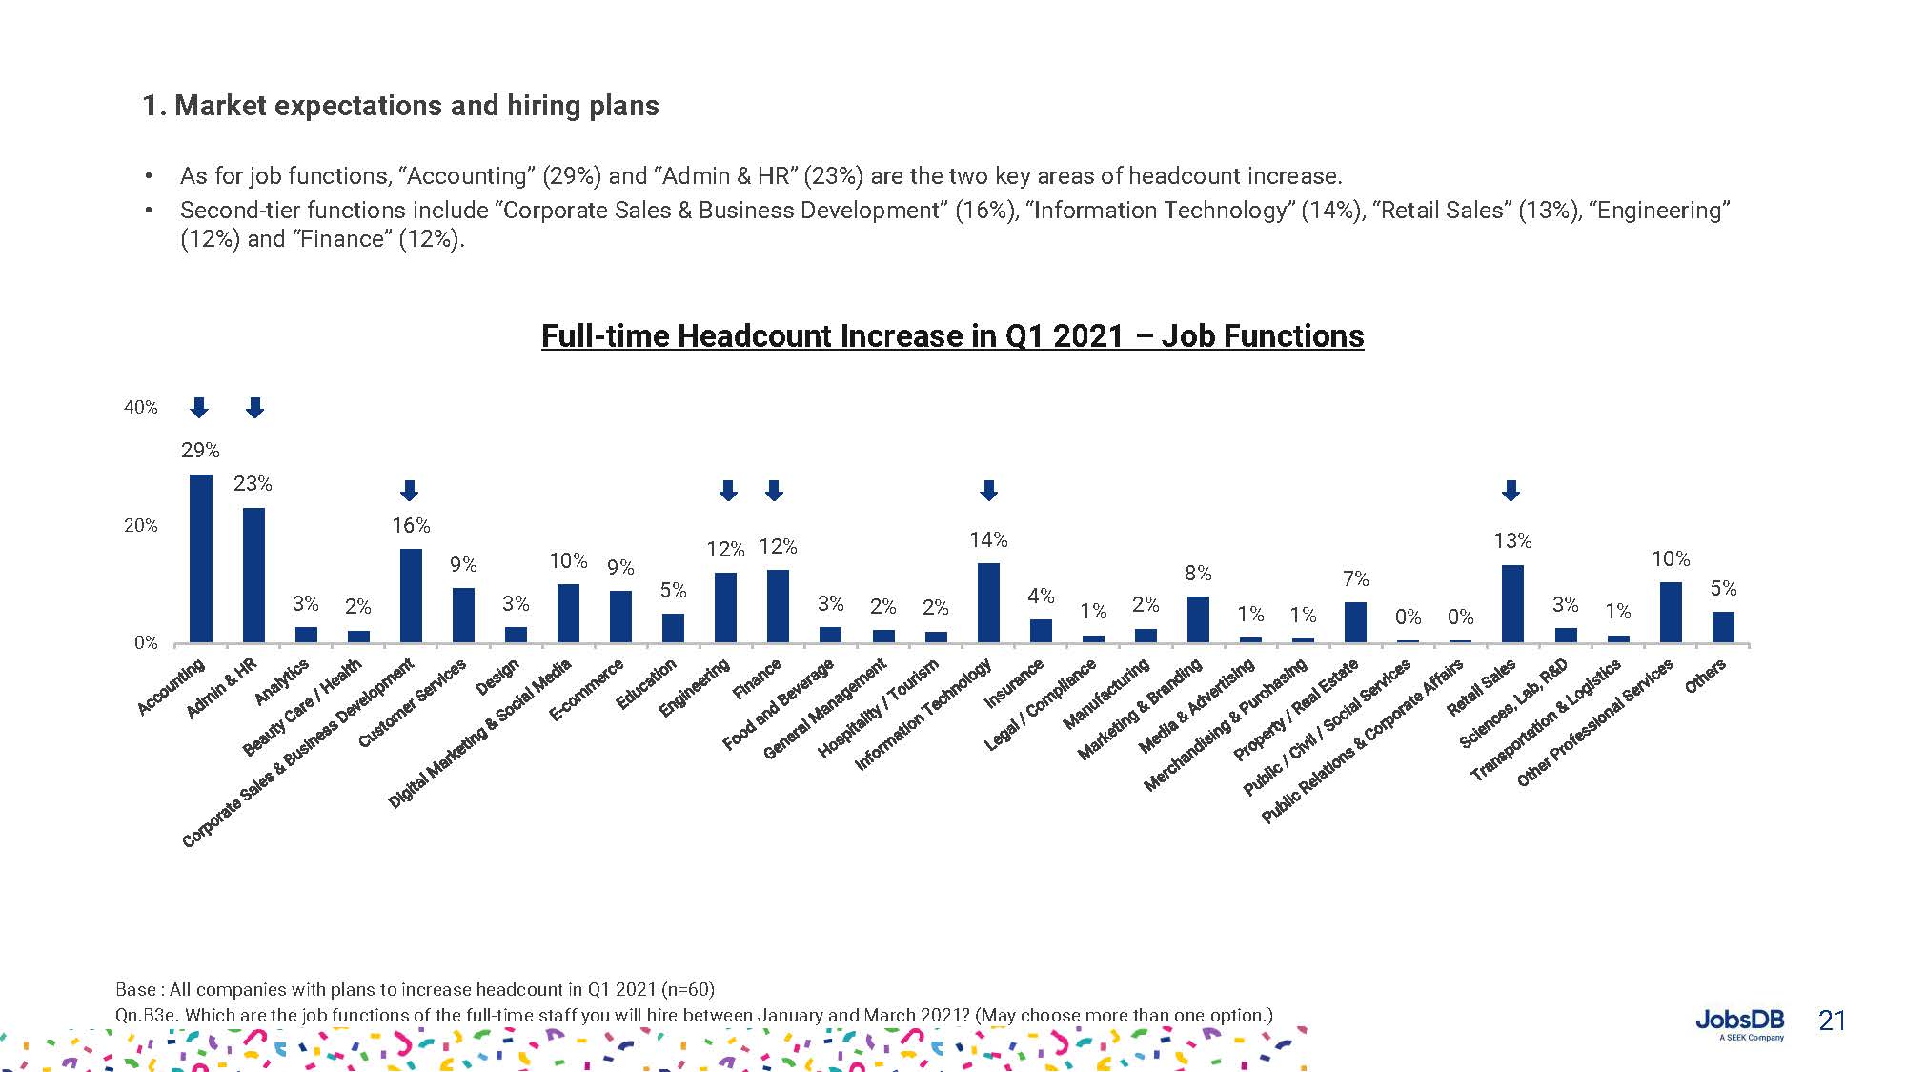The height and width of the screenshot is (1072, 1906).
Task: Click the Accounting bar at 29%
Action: coord(200,558)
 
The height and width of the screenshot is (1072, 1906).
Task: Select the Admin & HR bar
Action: coord(253,575)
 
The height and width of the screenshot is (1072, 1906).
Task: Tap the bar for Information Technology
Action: coord(988,602)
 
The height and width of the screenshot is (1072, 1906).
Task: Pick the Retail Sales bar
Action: coord(1512,603)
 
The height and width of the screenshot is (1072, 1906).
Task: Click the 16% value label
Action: coord(411,525)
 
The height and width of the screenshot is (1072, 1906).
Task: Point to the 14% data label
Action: coord(988,540)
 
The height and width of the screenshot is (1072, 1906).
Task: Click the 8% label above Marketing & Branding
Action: coord(1198,573)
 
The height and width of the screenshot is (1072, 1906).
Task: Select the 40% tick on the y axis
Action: coord(140,407)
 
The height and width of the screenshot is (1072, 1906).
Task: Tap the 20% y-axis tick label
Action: coord(140,525)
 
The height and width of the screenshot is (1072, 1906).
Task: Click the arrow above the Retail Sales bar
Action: coord(1511,491)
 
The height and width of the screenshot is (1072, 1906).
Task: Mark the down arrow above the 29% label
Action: coord(199,408)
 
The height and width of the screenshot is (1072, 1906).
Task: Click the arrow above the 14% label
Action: coord(988,491)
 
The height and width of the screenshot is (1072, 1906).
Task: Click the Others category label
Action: coord(1705,676)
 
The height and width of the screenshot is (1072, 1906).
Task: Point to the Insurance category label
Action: coord(1015,682)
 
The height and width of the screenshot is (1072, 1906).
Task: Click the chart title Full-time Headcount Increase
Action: coord(952,336)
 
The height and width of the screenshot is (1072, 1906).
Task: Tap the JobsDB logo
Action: coord(1739,1022)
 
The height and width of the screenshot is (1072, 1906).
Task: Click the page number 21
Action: coord(1832,1021)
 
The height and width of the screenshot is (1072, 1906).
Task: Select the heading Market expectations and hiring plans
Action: coord(400,106)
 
